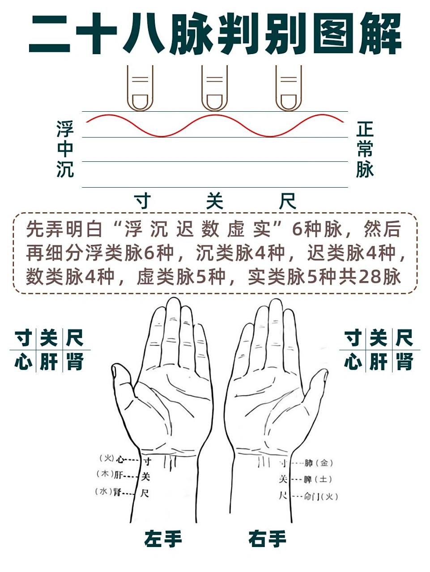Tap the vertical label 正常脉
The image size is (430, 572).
click(365, 149)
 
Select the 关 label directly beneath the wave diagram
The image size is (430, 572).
click(214, 202)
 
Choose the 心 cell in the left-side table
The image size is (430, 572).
click(23, 362)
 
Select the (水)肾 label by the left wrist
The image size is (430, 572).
click(110, 492)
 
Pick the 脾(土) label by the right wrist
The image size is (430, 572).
click(318, 479)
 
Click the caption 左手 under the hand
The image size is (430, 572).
click(163, 538)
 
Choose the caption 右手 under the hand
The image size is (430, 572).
click(268, 538)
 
